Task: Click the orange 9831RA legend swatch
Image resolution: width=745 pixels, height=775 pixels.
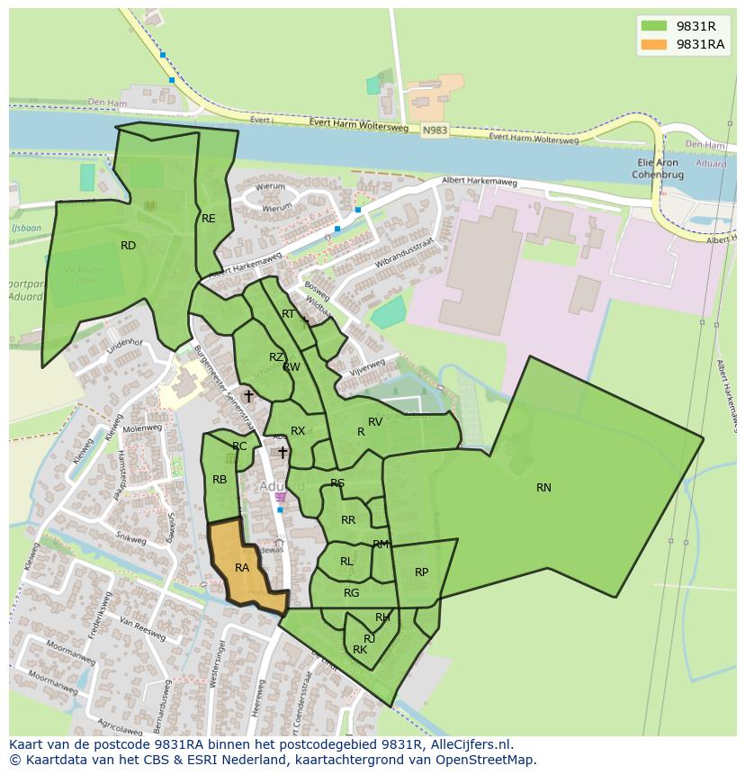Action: click(x=654, y=45)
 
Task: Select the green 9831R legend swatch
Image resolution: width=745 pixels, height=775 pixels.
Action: click(x=654, y=25)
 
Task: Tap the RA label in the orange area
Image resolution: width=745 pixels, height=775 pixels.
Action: click(x=241, y=568)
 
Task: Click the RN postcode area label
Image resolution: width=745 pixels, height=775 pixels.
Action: click(x=543, y=488)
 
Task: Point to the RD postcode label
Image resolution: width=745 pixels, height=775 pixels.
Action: click(x=128, y=246)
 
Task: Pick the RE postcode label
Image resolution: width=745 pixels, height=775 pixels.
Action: click(x=209, y=219)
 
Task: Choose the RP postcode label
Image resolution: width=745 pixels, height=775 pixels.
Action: click(x=421, y=572)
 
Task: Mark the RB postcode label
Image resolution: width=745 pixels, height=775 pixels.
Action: click(x=220, y=480)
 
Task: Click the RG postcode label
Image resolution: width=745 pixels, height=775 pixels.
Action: click(x=351, y=593)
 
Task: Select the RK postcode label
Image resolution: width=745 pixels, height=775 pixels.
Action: click(x=360, y=650)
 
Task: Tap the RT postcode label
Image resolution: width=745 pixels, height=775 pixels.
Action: click(x=288, y=314)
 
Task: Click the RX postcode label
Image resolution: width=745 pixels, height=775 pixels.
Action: click(x=298, y=431)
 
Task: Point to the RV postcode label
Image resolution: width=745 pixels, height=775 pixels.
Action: click(x=375, y=422)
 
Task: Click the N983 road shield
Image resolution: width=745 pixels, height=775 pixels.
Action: click(x=434, y=131)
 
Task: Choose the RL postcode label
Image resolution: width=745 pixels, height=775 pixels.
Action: click(x=346, y=562)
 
